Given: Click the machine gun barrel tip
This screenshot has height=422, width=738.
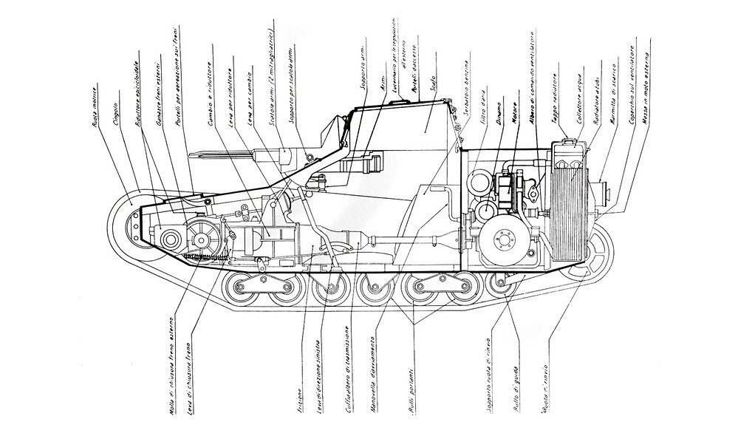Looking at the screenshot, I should pos(194,155).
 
